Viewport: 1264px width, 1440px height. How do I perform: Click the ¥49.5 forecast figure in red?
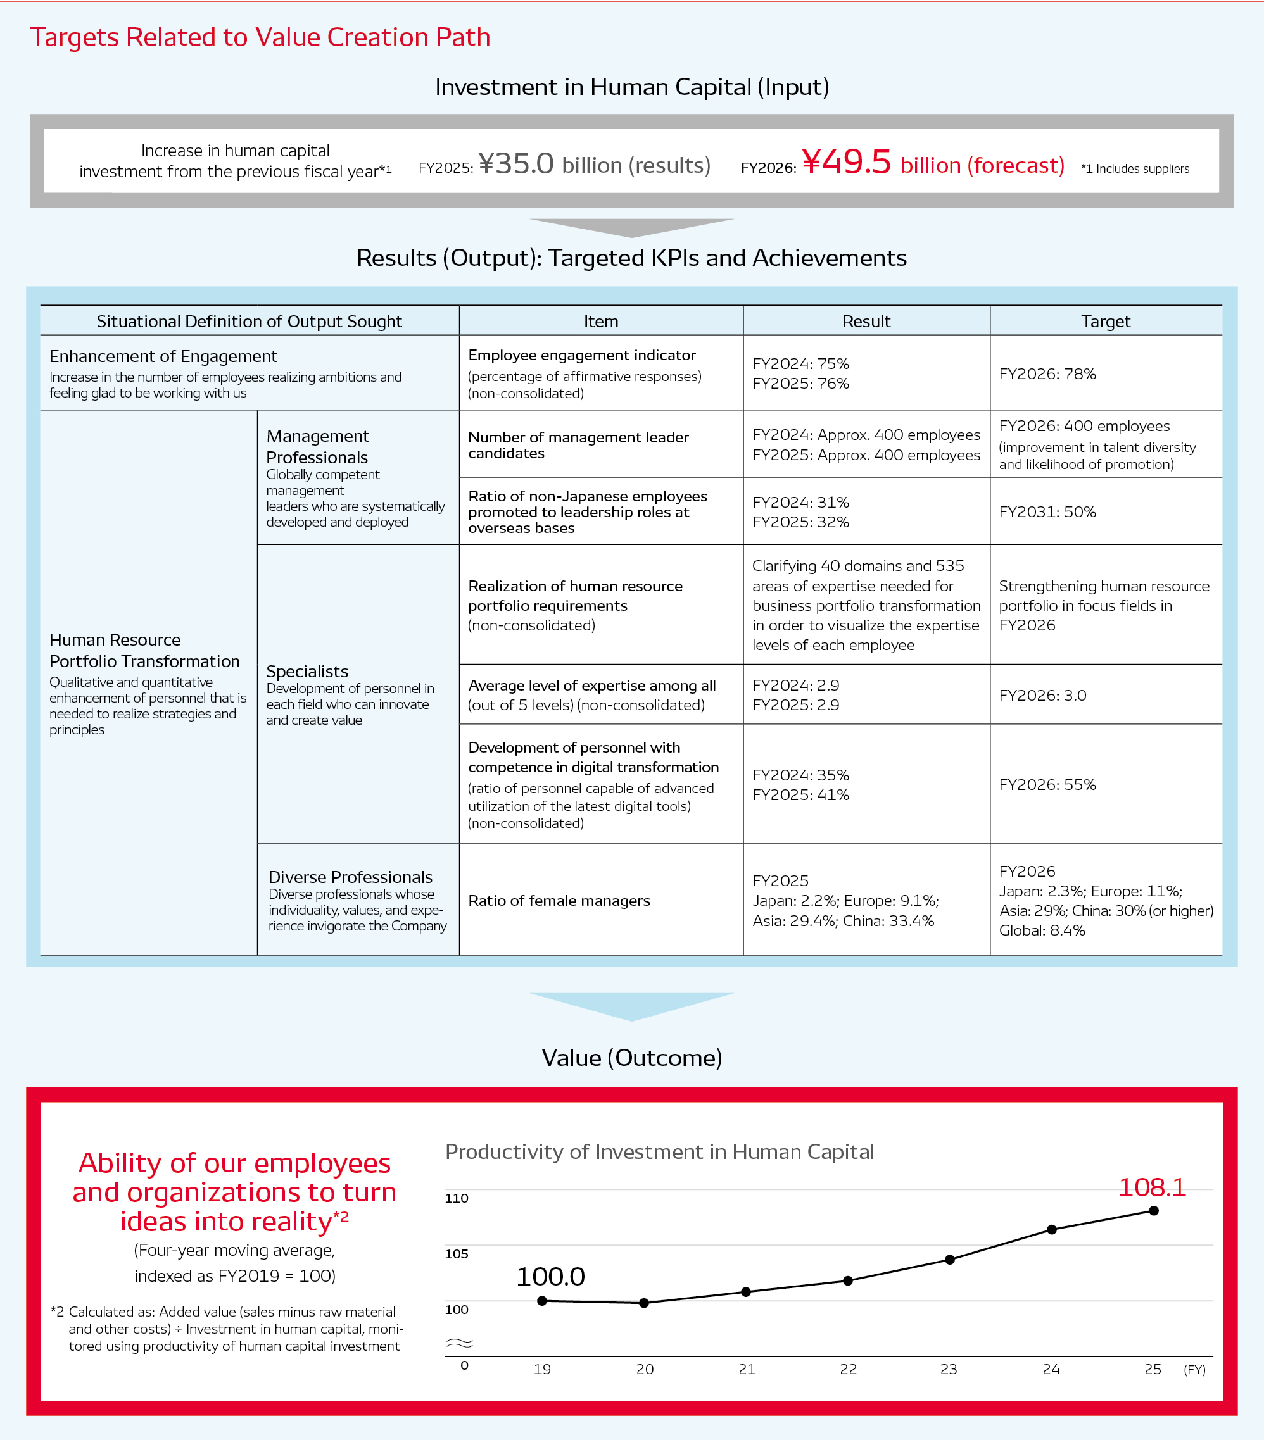point(847,162)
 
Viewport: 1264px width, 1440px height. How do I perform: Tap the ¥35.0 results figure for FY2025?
point(516,163)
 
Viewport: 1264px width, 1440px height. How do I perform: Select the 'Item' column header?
point(600,322)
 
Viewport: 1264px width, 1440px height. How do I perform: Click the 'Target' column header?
point(1106,322)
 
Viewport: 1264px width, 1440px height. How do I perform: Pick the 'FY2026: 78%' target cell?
point(1047,374)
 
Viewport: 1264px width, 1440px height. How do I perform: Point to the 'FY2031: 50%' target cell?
point(1047,512)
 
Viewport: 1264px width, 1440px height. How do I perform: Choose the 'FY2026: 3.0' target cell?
point(1042,696)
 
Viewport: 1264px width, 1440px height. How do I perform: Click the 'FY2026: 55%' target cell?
point(1047,785)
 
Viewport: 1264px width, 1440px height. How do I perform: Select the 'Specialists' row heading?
point(307,672)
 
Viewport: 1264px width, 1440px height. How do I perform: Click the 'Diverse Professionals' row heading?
point(350,877)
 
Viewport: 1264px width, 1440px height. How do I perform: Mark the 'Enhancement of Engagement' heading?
point(163,356)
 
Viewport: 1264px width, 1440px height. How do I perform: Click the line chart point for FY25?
point(1153,1211)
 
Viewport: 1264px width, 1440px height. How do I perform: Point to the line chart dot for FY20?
point(643,1303)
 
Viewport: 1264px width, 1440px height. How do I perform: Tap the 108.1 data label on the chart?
point(1152,1188)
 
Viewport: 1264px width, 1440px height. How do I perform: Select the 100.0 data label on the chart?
point(550,1277)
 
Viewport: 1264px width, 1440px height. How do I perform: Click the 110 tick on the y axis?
point(457,1198)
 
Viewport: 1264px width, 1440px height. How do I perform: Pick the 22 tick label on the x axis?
point(848,1369)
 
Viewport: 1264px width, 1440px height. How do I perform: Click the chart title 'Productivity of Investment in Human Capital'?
point(659,1152)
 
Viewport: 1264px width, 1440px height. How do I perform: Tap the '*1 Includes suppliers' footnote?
point(1135,168)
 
